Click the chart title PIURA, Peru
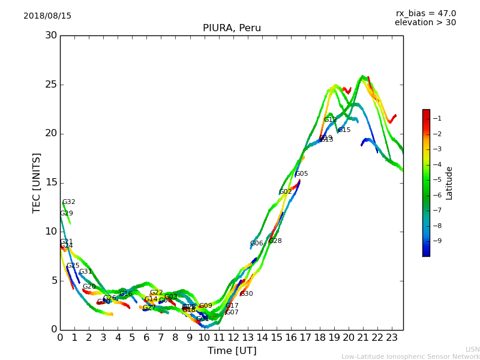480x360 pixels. (232, 28)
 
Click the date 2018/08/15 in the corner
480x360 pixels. (47, 16)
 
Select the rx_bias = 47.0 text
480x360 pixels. (425, 14)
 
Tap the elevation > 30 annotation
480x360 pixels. (425, 23)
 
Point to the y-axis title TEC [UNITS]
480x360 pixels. (37, 183)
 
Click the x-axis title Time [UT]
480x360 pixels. (232, 351)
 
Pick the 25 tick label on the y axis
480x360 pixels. (50, 85)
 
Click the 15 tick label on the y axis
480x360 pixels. (50, 183)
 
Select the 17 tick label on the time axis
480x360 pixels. (305, 337)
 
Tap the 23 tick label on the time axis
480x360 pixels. (392, 337)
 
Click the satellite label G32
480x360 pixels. (69, 202)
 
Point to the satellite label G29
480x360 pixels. (67, 214)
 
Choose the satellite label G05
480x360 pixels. (302, 174)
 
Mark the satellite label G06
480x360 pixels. (257, 244)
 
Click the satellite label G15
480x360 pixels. (344, 130)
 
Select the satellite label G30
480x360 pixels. (247, 294)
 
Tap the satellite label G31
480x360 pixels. (86, 272)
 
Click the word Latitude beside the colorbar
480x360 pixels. (449, 183)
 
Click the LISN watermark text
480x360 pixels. (472, 349)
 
